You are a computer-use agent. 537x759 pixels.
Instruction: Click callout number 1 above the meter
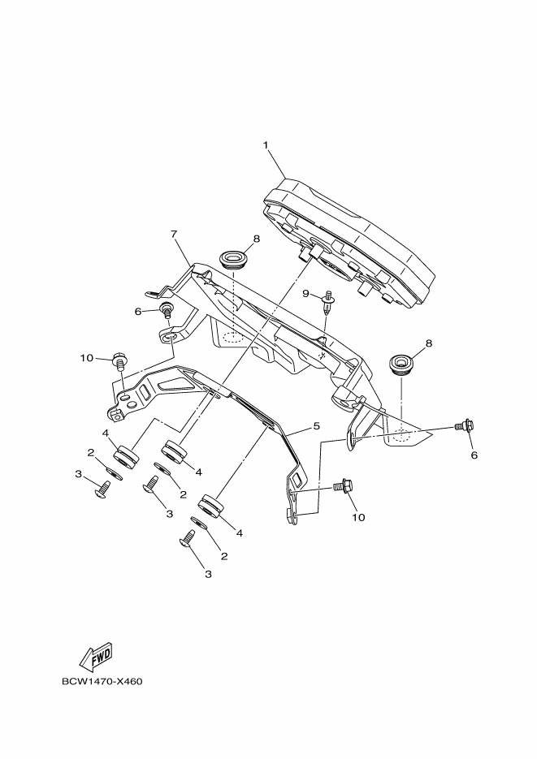click(x=265, y=145)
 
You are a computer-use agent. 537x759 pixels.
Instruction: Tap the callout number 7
click(x=174, y=235)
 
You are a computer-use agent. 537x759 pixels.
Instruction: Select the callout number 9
click(x=306, y=293)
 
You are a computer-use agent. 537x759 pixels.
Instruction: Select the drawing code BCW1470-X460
click(x=102, y=681)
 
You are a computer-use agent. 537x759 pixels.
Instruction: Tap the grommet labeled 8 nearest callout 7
click(x=233, y=260)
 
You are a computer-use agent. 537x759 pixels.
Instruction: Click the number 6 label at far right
click(x=474, y=455)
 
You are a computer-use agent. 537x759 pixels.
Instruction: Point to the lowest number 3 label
click(x=208, y=574)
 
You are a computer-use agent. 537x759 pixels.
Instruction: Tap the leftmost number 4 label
click(x=106, y=433)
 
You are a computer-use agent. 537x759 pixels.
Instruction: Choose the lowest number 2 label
click(x=223, y=556)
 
